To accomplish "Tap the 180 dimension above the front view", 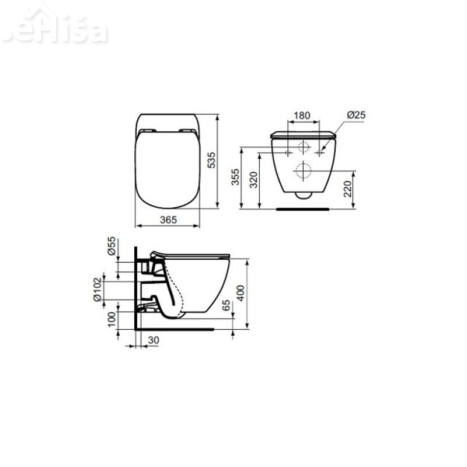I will tap(301, 115).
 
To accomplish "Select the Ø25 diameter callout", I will tap(356, 115).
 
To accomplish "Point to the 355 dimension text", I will tap(235, 177).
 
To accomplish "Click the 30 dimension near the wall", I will tap(153, 340).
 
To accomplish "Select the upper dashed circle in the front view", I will tap(304, 148).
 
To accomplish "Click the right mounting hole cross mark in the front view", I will tap(319, 153).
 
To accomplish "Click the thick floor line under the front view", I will tap(302, 207).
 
